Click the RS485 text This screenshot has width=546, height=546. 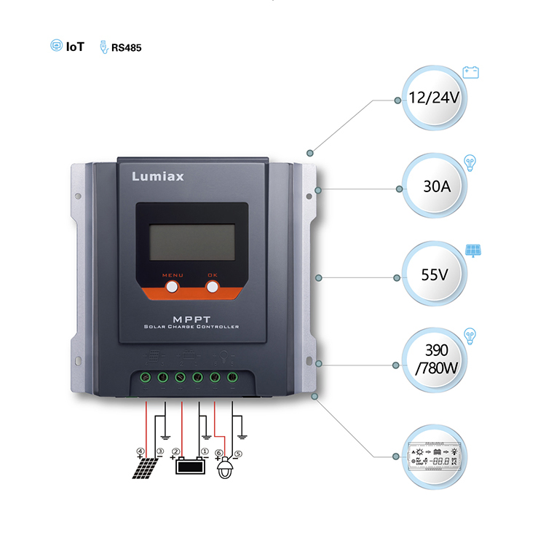pyautogui.click(x=126, y=48)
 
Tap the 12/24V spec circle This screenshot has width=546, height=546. pyautogui.click(x=434, y=99)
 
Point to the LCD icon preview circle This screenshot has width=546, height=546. pyautogui.click(x=434, y=455)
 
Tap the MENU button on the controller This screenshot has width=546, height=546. pyautogui.click(x=173, y=287)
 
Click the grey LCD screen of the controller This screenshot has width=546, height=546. pyautogui.click(x=192, y=242)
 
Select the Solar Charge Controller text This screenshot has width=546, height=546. pyautogui.click(x=191, y=327)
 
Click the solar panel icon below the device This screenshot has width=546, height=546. pyautogui.click(x=144, y=467)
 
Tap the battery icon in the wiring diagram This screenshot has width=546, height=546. pyautogui.click(x=189, y=464)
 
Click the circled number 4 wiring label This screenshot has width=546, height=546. pyautogui.click(x=140, y=451)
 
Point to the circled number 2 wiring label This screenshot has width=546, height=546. pyautogui.click(x=176, y=451)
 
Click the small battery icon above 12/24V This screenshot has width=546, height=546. pyautogui.click(x=471, y=71)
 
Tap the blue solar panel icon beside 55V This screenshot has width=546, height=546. pyautogui.click(x=473, y=251)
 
